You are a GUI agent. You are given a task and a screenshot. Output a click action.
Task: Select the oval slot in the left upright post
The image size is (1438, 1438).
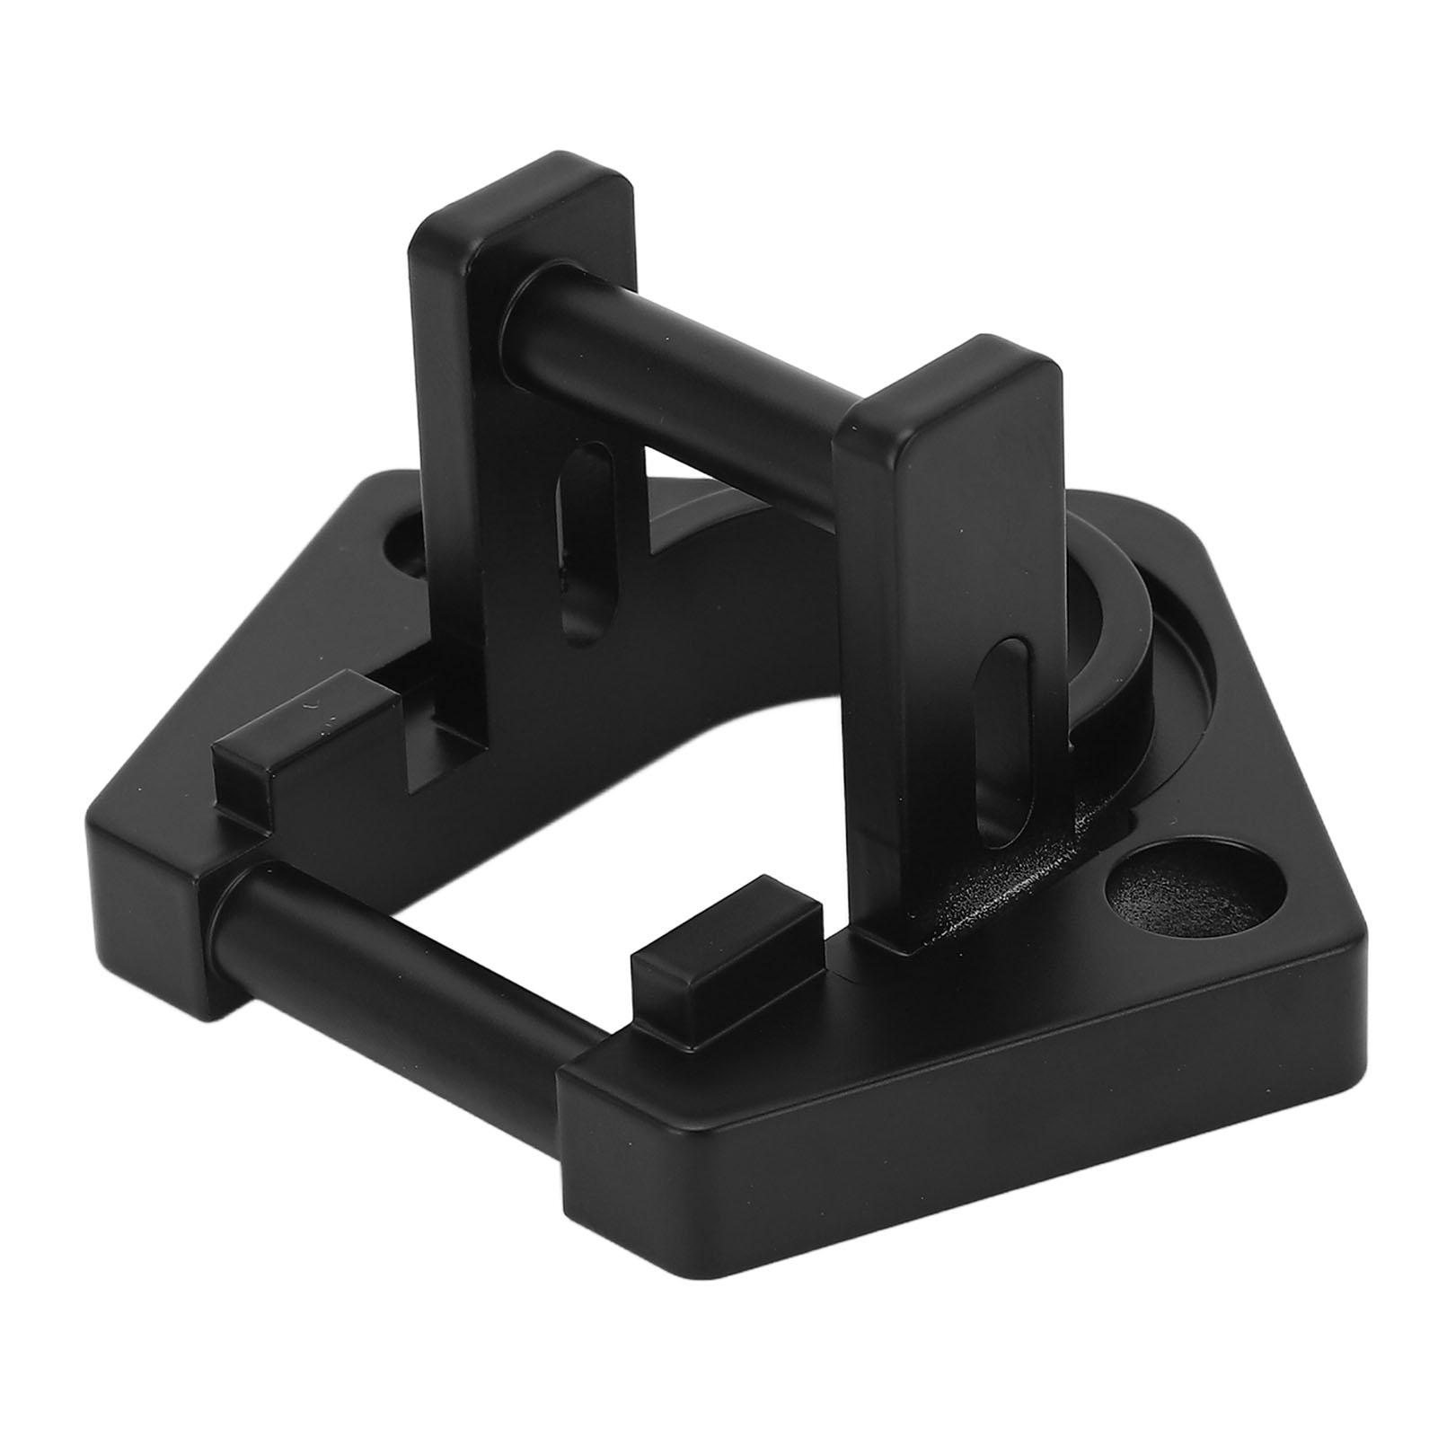[578, 530]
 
